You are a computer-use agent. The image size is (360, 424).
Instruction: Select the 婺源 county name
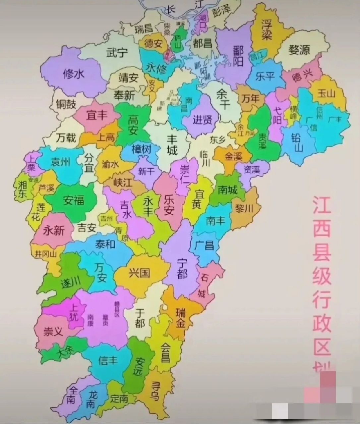point(299,50)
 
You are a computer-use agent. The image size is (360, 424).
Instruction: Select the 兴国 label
point(140,273)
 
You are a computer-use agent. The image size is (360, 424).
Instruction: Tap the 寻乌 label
point(154,390)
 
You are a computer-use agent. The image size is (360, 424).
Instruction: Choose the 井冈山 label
point(46,254)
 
